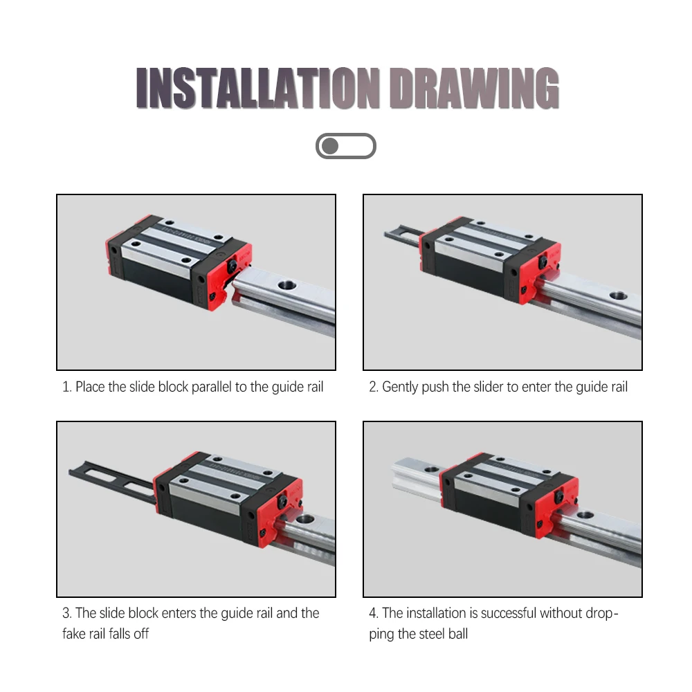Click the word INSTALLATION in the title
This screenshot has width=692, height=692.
click(x=257, y=88)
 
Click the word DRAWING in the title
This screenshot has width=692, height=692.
click(x=475, y=88)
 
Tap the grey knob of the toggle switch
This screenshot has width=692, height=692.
click(x=329, y=146)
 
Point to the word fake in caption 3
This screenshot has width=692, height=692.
click(x=74, y=634)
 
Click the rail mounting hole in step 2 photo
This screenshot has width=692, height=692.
click(x=618, y=295)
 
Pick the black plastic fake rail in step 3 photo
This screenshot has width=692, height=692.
click(x=113, y=481)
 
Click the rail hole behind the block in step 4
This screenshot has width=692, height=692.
click(x=432, y=468)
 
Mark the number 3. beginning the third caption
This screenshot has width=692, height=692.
click(x=66, y=613)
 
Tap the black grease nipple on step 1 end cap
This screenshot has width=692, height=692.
click(x=232, y=266)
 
